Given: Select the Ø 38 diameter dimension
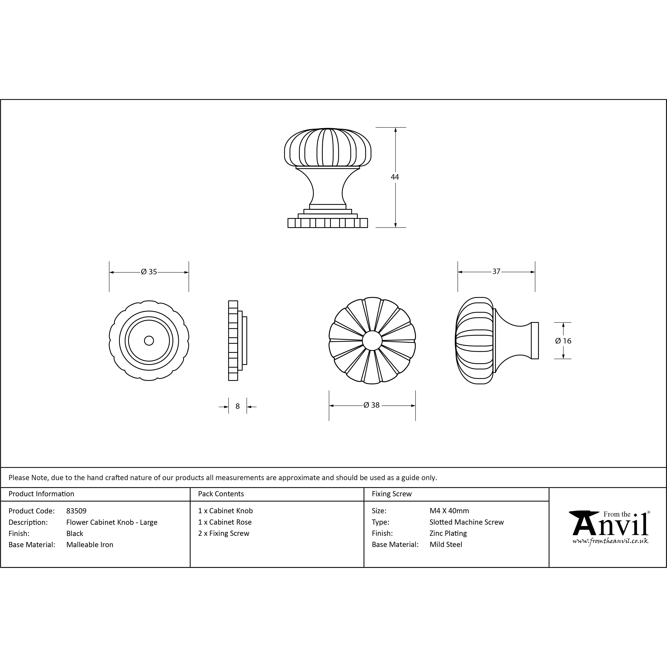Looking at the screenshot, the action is tap(371, 405).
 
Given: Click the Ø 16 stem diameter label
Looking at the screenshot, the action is tap(563, 341).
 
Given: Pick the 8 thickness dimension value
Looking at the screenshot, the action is tap(238, 406).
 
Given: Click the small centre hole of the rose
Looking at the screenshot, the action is tap(149, 341).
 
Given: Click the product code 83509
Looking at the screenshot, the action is tap(76, 511).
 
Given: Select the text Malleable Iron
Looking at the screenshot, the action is tap(90, 545).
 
